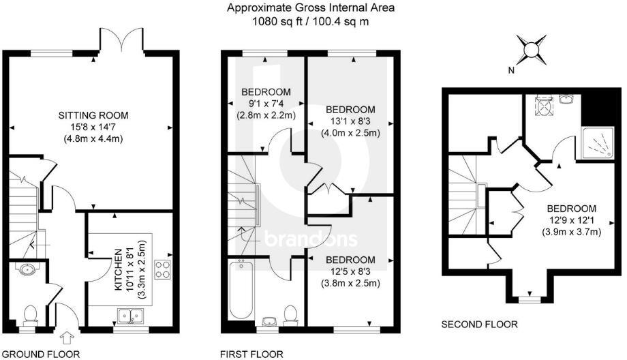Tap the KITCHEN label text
coord(119,271)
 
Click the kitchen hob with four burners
coord(163,269)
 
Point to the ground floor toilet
coord(29,314)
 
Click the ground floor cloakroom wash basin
coord(27,270)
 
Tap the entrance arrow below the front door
coord(66,336)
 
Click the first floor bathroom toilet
coord(290,316)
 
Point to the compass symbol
coord(531,49)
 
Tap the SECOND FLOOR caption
coord(479,325)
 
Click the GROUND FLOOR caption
coord(40,354)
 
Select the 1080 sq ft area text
coord(311,21)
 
